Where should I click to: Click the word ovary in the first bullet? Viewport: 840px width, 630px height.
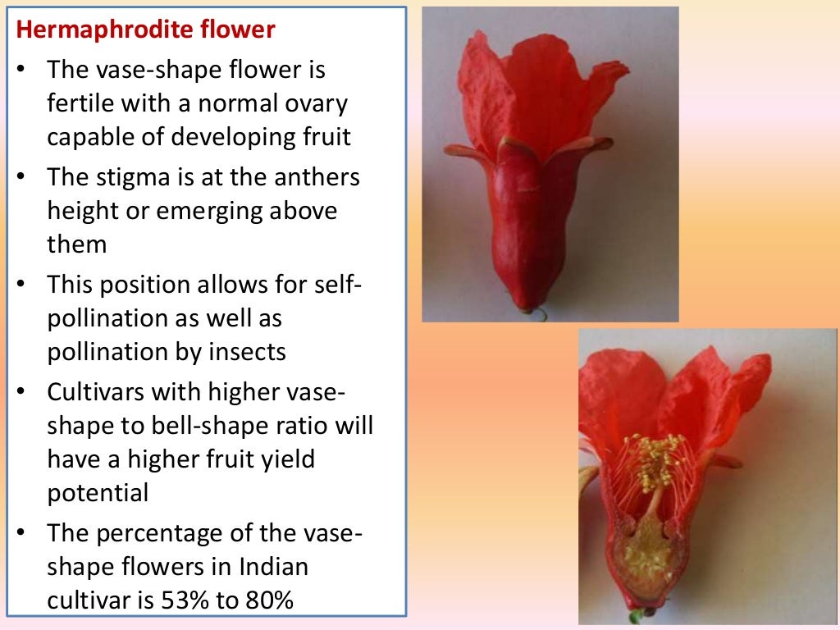[317, 104]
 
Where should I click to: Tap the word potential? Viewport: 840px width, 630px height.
[98, 492]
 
